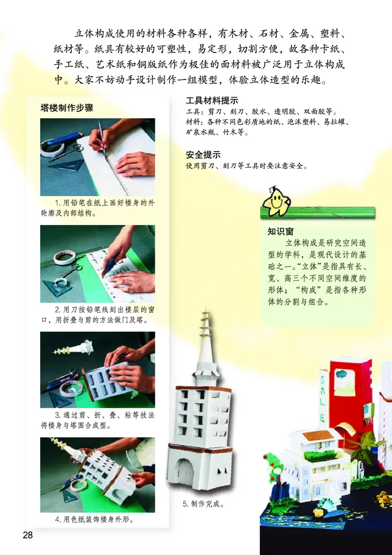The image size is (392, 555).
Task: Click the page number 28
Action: [x=27, y=535]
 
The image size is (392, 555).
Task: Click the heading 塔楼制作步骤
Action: [x=67, y=108]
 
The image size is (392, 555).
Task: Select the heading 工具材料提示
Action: [x=212, y=101]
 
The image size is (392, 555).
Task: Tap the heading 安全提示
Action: [x=203, y=154]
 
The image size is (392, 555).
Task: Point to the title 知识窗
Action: [x=281, y=231]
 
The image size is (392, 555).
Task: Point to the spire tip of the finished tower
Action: [x=205, y=310]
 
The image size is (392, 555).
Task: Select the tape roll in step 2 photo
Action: [x=64, y=257]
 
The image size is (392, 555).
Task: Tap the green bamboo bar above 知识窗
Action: [x=318, y=213]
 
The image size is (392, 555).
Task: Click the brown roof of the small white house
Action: [x=318, y=435]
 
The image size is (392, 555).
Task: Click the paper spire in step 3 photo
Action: [x=73, y=348]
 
